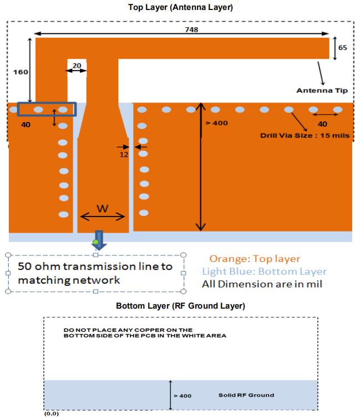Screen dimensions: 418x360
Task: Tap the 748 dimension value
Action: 192,30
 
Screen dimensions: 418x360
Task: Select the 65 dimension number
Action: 342,48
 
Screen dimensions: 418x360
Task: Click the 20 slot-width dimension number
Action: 77,66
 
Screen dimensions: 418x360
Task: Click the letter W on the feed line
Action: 103,209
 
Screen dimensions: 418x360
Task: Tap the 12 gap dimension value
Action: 125,155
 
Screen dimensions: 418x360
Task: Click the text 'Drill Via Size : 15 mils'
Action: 305,135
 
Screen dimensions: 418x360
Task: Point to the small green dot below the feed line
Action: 97,242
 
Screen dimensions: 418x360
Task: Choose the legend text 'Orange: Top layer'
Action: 255,259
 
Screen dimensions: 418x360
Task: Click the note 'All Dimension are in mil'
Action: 262,285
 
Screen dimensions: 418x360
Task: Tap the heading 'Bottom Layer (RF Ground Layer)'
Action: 180,306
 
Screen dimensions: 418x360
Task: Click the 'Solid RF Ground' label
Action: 246,395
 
